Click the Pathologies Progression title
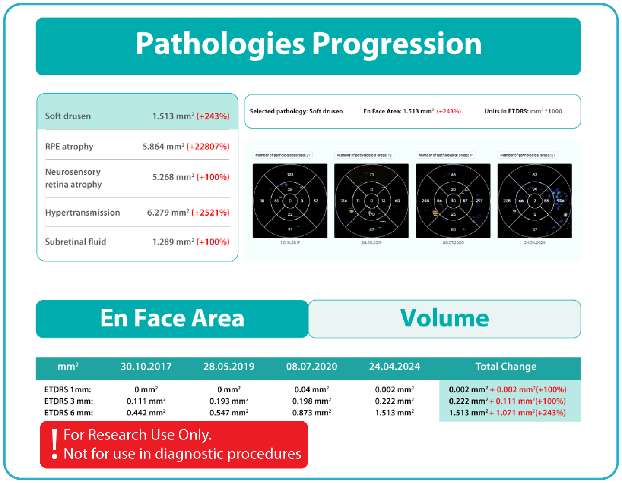[x=308, y=44]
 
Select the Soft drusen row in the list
[x=137, y=116]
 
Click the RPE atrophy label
[x=69, y=147]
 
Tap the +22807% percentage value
[x=208, y=147]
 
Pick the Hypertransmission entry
[x=83, y=213]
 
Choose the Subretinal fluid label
[x=76, y=242]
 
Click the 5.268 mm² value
[x=173, y=177]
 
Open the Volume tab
[x=444, y=319]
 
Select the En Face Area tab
[x=172, y=319]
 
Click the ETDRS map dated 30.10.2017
[x=290, y=201]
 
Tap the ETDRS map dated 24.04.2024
[x=535, y=201]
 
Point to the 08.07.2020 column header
[x=311, y=367]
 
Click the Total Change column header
[x=506, y=367]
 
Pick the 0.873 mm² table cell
[x=311, y=413]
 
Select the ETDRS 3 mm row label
[x=69, y=401]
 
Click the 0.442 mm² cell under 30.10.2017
[x=146, y=413]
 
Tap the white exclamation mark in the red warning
[x=54, y=444]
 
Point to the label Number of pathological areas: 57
[x=527, y=155]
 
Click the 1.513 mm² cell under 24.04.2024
[x=394, y=413]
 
